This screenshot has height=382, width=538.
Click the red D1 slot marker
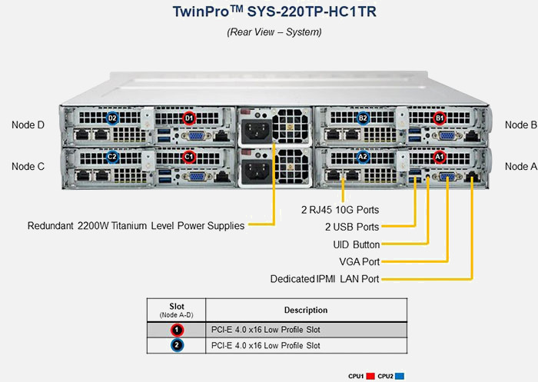[189, 118]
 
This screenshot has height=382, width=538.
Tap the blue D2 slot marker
[112, 118]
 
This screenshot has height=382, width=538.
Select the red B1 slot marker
[440, 118]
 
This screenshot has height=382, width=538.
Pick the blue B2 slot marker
[363, 118]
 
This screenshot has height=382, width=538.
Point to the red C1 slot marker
[189, 157]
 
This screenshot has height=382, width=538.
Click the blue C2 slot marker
[112, 157]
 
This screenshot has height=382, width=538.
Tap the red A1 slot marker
[440, 157]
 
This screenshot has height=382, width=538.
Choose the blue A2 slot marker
[363, 157]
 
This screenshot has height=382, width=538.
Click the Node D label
[28, 124]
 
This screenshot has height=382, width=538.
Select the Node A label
[520, 166]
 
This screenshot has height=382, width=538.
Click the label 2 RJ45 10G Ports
[340, 209]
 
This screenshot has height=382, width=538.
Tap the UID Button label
[351, 244]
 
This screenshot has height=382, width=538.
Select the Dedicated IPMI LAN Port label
[325, 278]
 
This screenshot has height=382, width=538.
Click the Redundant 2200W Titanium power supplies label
[136, 226]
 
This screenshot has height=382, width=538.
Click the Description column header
[305, 310]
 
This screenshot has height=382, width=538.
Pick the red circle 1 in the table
[177, 329]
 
